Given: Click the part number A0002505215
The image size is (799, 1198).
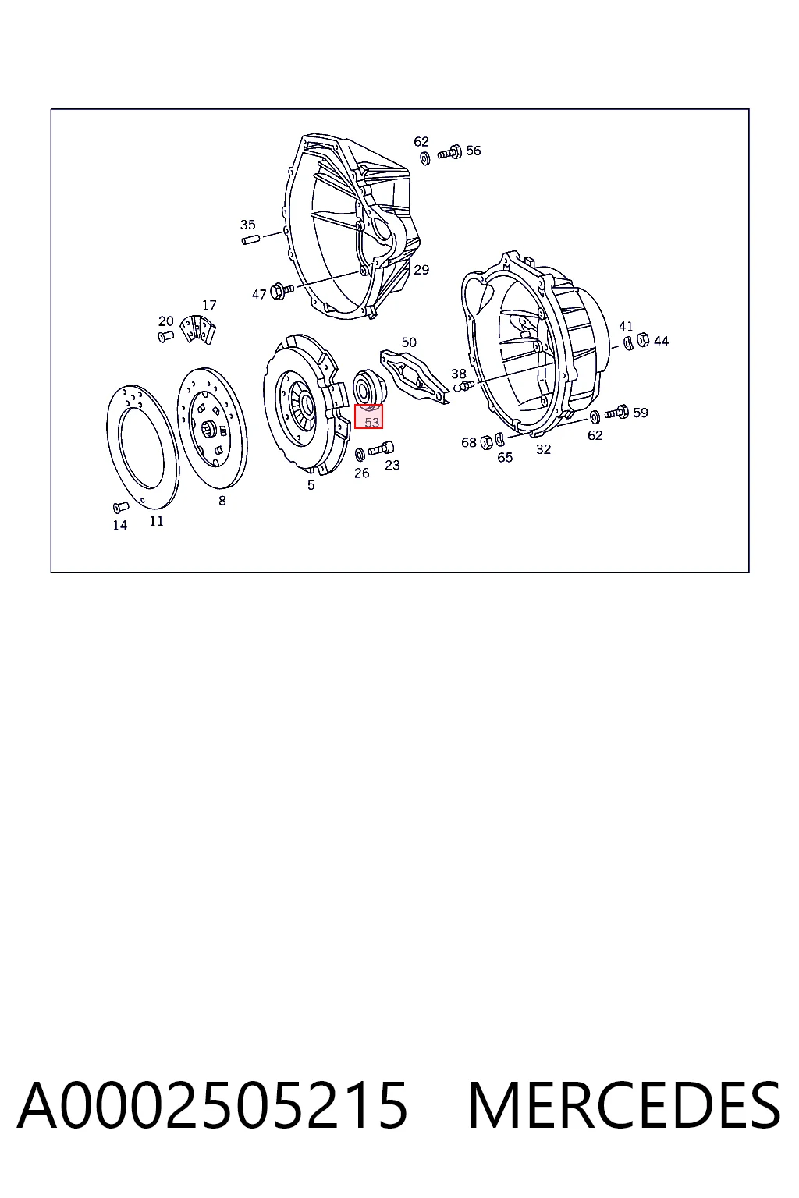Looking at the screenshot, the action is point(212,1107).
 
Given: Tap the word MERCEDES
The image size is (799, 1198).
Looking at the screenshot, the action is point(624,1107).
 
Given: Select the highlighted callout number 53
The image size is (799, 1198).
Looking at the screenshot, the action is point(371,422).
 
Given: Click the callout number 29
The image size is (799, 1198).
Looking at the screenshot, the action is point(421,270).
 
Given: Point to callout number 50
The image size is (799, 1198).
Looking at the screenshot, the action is point(409,342).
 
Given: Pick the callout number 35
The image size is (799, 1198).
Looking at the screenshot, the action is point(248,224).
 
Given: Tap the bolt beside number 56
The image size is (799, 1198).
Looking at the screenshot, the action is point(449,152).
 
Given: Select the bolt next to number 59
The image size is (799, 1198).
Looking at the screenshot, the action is point(616,413).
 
